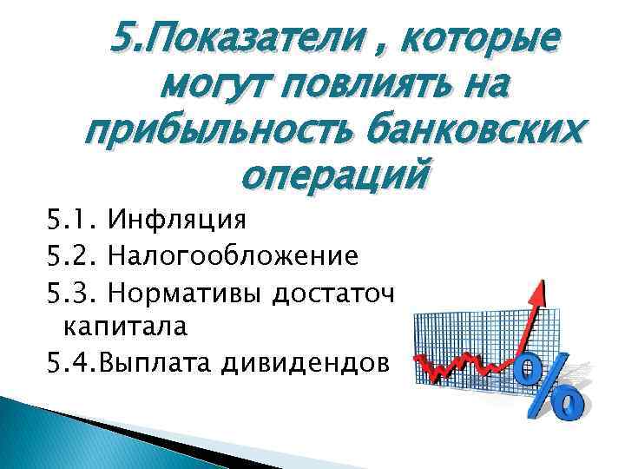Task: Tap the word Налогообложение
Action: click(x=232, y=256)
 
